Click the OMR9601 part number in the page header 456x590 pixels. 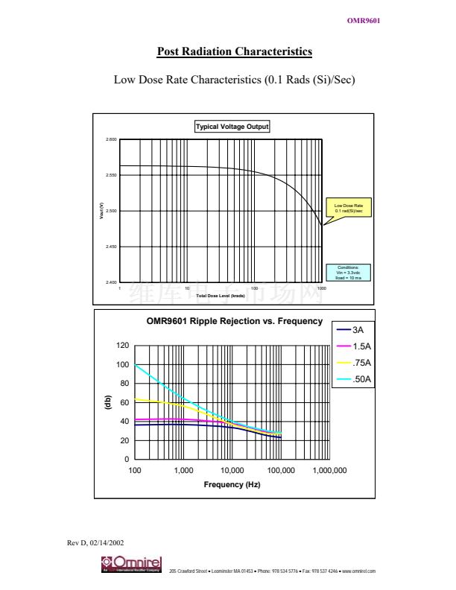click(x=364, y=20)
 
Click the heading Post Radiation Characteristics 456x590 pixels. click(x=235, y=51)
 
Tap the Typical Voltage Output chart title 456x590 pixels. click(x=232, y=127)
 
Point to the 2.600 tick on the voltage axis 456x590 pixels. click(x=111, y=139)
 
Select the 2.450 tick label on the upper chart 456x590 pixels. click(x=111, y=247)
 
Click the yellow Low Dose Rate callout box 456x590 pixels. click(x=348, y=208)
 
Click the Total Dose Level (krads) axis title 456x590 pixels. click(x=221, y=296)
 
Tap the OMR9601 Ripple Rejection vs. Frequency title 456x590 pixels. click(x=235, y=323)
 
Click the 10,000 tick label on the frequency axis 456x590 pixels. click(x=232, y=471)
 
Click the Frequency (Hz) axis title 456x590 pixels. click(x=232, y=485)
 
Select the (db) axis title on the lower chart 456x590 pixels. click(x=107, y=402)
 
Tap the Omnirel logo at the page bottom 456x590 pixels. click(x=131, y=565)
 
